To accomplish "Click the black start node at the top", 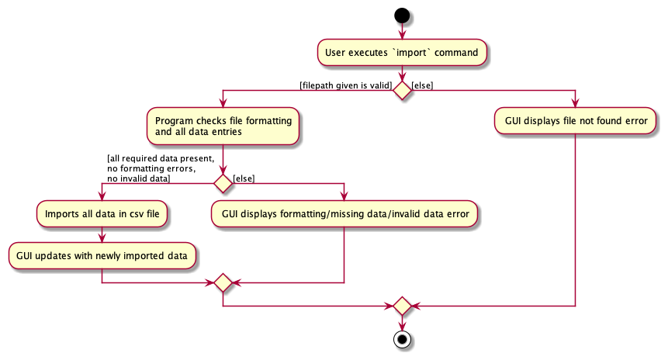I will click(401, 15).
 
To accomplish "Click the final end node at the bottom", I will click(401, 340).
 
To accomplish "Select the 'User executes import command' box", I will click(401, 53).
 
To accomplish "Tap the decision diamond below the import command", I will click(401, 90).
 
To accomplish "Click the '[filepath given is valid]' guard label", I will click(345, 85).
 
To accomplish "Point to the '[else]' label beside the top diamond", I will click(422, 85).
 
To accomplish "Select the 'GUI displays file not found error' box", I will click(575, 121).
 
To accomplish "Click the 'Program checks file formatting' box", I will click(223, 126).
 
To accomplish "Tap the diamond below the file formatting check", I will click(223, 183).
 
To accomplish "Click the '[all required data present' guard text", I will click(160, 159).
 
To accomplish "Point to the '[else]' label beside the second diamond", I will click(244, 178).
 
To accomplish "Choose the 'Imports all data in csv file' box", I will click(102, 215).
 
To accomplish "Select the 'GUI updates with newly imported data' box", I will click(102, 254).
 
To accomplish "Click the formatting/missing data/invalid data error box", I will click(344, 215).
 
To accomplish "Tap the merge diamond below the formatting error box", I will click(223, 283).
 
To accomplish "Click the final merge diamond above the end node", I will click(401, 306).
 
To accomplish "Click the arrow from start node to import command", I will click(401, 31).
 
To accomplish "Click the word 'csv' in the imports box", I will click(130, 215).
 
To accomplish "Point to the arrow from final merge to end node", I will click(401, 324).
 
